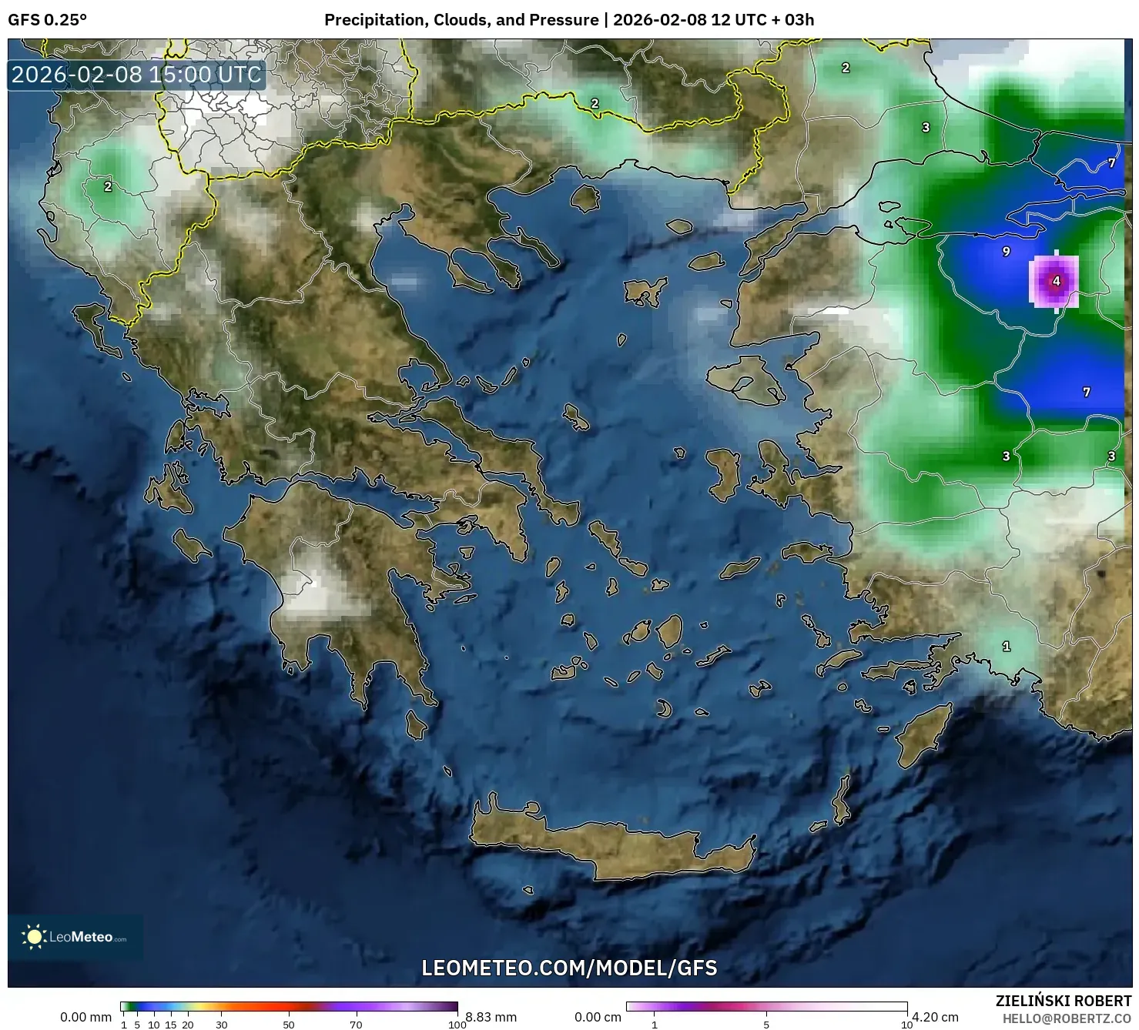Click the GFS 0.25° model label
click(x=47, y=20)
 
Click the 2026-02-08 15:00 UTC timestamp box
click(x=137, y=75)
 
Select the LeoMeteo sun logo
click(x=35, y=937)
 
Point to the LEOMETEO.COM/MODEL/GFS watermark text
click(x=569, y=968)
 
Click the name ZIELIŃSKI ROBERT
click(x=1064, y=1002)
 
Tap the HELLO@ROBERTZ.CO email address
click(x=1067, y=1018)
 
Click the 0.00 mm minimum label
click(x=86, y=1017)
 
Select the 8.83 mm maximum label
click(x=491, y=1017)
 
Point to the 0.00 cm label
click(x=598, y=1017)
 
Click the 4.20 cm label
click(x=935, y=1017)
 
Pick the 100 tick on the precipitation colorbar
click(x=457, y=1025)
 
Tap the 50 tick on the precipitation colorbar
click(x=289, y=1025)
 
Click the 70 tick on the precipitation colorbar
click(x=356, y=1025)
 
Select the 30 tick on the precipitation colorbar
click(x=222, y=1025)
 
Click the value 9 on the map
click(x=1006, y=252)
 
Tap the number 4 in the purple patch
click(x=1056, y=281)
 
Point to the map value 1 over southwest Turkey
click(x=1006, y=647)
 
